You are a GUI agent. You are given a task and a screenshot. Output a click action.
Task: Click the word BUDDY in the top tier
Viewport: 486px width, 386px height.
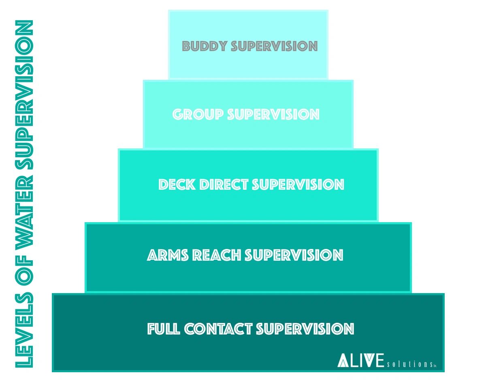(x=205, y=46)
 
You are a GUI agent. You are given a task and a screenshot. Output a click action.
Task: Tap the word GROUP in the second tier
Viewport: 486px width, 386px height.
(x=198, y=114)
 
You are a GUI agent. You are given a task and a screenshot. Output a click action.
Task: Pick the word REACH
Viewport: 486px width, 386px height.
(x=217, y=255)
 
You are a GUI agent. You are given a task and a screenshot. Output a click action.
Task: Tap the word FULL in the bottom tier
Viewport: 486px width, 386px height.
(x=164, y=329)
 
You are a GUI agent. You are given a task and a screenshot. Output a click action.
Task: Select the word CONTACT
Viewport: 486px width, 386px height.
(x=219, y=329)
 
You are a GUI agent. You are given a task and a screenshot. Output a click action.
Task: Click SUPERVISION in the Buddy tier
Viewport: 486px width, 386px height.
(x=274, y=46)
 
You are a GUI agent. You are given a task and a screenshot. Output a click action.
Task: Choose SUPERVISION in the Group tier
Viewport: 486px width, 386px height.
(x=273, y=114)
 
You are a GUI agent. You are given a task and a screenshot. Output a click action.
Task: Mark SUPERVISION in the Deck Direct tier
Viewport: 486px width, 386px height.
(x=298, y=184)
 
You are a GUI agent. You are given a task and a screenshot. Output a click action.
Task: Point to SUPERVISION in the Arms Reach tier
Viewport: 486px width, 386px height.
(x=294, y=255)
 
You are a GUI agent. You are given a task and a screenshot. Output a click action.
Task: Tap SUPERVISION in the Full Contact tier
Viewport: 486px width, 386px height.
(x=305, y=329)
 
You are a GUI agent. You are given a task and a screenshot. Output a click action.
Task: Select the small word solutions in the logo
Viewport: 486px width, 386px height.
(x=409, y=364)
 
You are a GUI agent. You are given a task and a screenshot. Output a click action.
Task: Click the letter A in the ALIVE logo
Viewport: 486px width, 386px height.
(x=343, y=360)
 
